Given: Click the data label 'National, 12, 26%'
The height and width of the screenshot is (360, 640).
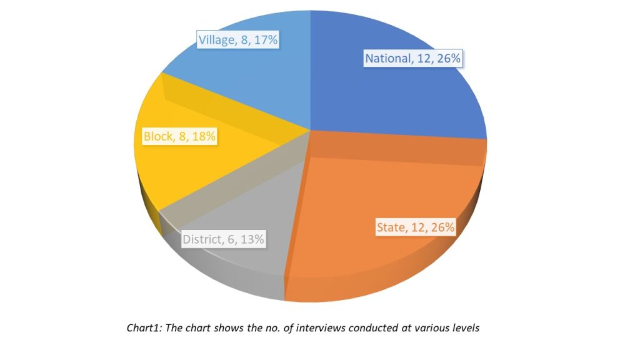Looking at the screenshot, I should [413, 59].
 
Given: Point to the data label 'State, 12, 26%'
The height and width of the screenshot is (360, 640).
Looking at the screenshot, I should [415, 227].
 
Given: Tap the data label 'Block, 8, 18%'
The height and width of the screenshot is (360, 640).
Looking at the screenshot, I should [179, 136].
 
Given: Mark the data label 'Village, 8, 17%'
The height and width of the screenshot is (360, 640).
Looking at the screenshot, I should [238, 41].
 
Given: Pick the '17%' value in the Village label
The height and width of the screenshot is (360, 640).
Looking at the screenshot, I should [265, 41].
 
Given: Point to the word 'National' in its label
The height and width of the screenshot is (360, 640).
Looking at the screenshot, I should [387, 59].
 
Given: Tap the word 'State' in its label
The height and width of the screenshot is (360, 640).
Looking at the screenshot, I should [391, 227].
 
